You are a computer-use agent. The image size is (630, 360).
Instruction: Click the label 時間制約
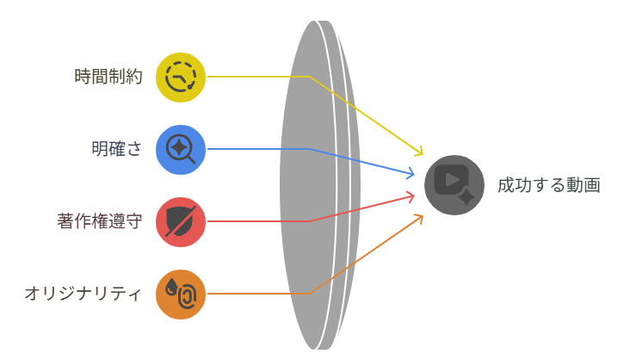(x=108, y=77)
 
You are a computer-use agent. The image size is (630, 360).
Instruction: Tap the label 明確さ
(x=117, y=149)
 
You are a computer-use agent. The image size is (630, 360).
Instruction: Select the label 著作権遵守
(x=100, y=221)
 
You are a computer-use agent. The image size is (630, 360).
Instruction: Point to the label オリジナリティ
(x=83, y=294)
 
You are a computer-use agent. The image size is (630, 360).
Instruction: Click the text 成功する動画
(x=548, y=185)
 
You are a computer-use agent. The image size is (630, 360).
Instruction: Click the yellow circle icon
(x=181, y=77)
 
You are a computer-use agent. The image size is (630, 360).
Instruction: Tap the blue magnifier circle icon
(x=181, y=149)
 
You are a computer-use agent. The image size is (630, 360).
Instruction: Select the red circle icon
(x=181, y=221)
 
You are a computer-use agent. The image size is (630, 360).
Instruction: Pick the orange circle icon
(x=181, y=294)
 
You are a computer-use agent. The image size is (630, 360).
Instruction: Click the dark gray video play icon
(x=454, y=184)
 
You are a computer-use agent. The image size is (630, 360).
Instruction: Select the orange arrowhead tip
(x=422, y=215)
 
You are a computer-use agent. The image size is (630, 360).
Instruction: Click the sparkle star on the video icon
(x=466, y=196)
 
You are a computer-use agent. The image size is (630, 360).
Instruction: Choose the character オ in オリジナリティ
(x=31, y=294)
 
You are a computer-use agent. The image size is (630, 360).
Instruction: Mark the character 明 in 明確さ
(x=100, y=149)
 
